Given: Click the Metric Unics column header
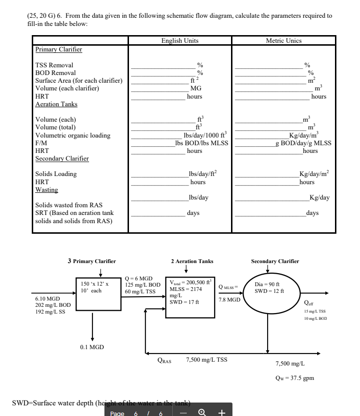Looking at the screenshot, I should click(283, 41).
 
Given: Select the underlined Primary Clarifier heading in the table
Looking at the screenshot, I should click(59, 49).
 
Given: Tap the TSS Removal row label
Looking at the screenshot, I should click(54, 65).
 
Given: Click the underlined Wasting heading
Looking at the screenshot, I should click(47, 189).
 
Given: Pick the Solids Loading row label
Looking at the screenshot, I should click(56, 174).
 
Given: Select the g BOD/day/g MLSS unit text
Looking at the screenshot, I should click(303, 143).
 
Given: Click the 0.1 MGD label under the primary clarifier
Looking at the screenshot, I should click(92, 347).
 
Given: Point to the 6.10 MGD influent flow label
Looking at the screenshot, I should click(47, 298).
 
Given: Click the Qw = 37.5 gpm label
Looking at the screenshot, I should click(295, 378).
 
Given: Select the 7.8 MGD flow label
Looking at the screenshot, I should click(230, 299).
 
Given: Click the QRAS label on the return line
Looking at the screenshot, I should click(166, 360).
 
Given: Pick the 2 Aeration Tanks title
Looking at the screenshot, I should click(192, 261).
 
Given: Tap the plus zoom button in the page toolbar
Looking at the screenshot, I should click(222, 412).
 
